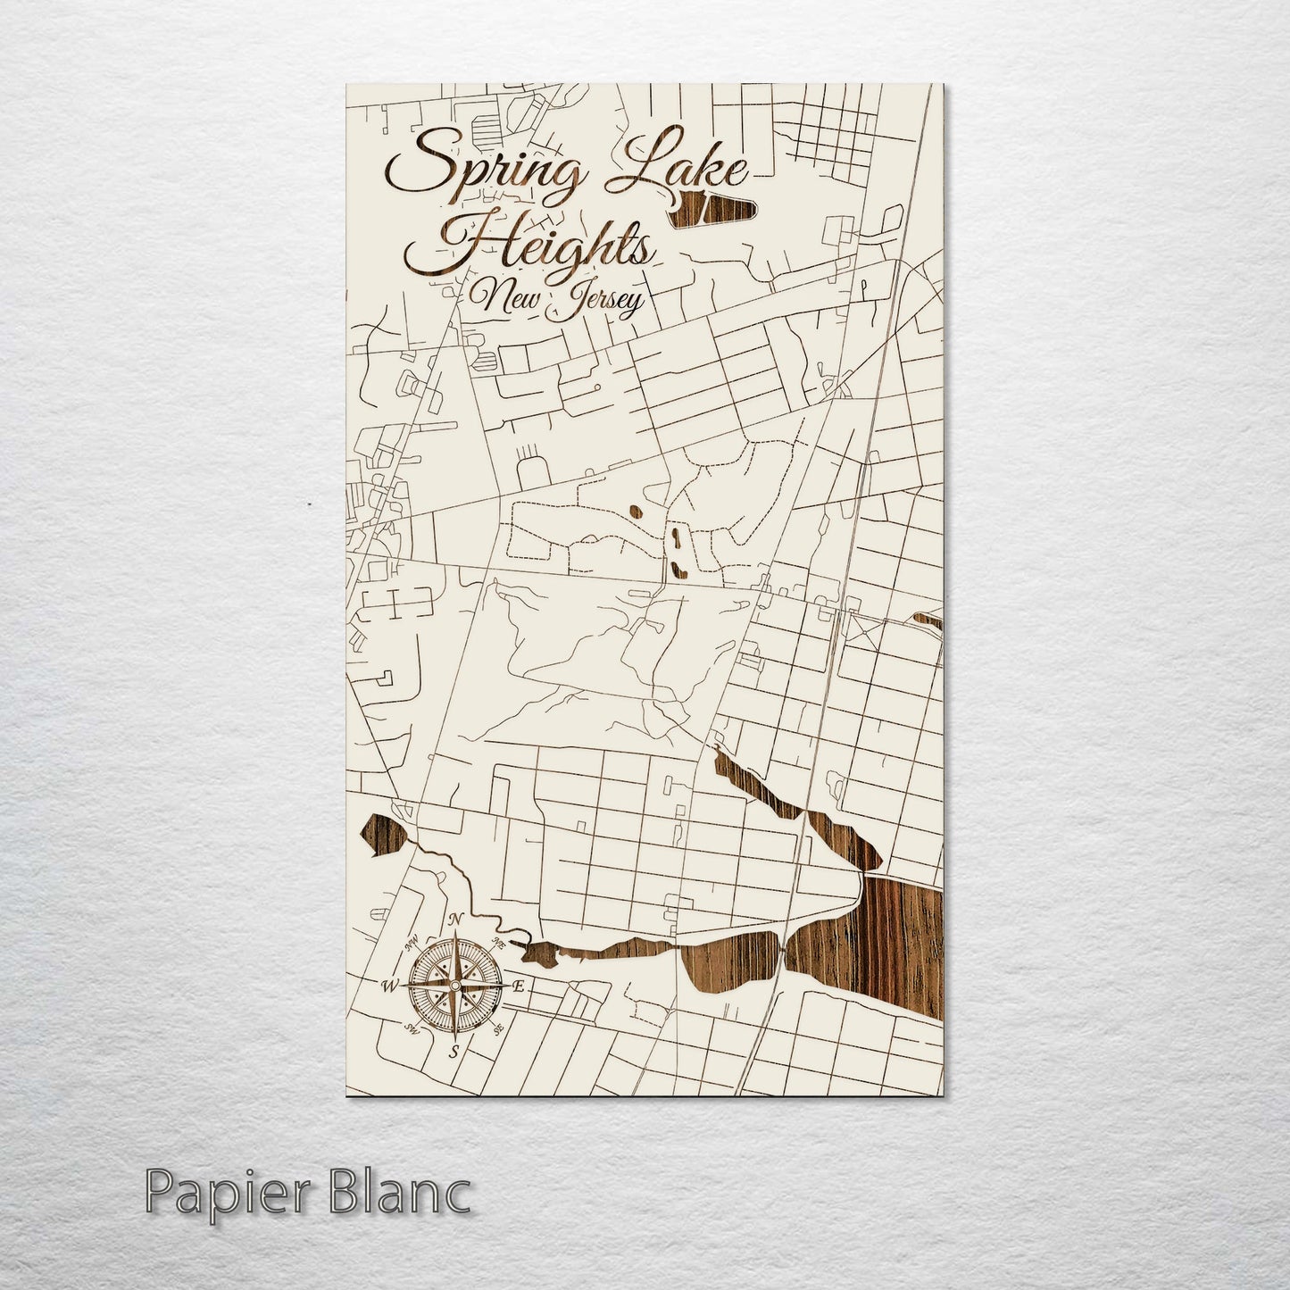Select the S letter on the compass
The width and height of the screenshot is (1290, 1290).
point(454,1051)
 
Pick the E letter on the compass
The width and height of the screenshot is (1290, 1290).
point(519,986)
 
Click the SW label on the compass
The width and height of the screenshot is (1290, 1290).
point(412,1029)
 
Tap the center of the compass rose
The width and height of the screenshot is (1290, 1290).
point(454,986)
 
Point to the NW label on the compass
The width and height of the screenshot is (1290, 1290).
point(412,943)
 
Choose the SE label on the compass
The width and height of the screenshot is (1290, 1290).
point(497,1029)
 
